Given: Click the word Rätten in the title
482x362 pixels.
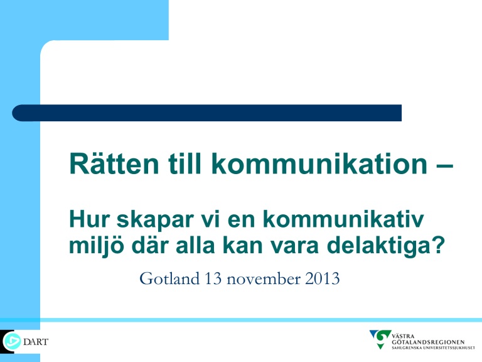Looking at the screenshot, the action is click(x=114, y=163).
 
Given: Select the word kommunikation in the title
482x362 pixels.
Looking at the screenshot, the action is click(x=319, y=163).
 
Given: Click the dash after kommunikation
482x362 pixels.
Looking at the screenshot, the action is click(x=444, y=167).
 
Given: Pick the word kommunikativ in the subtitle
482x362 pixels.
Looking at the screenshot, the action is click(x=343, y=219).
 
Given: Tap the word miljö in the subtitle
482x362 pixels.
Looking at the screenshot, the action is click(x=97, y=247).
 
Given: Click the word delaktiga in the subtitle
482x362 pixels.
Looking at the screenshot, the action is click(x=378, y=247).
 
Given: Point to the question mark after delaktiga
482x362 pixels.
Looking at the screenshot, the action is click(x=439, y=245).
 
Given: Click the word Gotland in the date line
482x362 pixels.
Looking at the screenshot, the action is click(x=169, y=278).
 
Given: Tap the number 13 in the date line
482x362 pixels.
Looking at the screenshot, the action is click(x=213, y=278).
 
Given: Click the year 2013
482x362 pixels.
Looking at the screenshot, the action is click(x=323, y=278).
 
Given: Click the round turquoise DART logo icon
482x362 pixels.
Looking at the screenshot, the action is click(x=12, y=341).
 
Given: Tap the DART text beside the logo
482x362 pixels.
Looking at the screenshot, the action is click(x=36, y=342).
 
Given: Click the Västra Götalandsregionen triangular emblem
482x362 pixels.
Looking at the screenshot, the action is click(x=380, y=339).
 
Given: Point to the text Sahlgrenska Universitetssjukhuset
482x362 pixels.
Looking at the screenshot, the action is click(x=433, y=348).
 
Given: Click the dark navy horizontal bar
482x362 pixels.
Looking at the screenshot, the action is click(x=207, y=113).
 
